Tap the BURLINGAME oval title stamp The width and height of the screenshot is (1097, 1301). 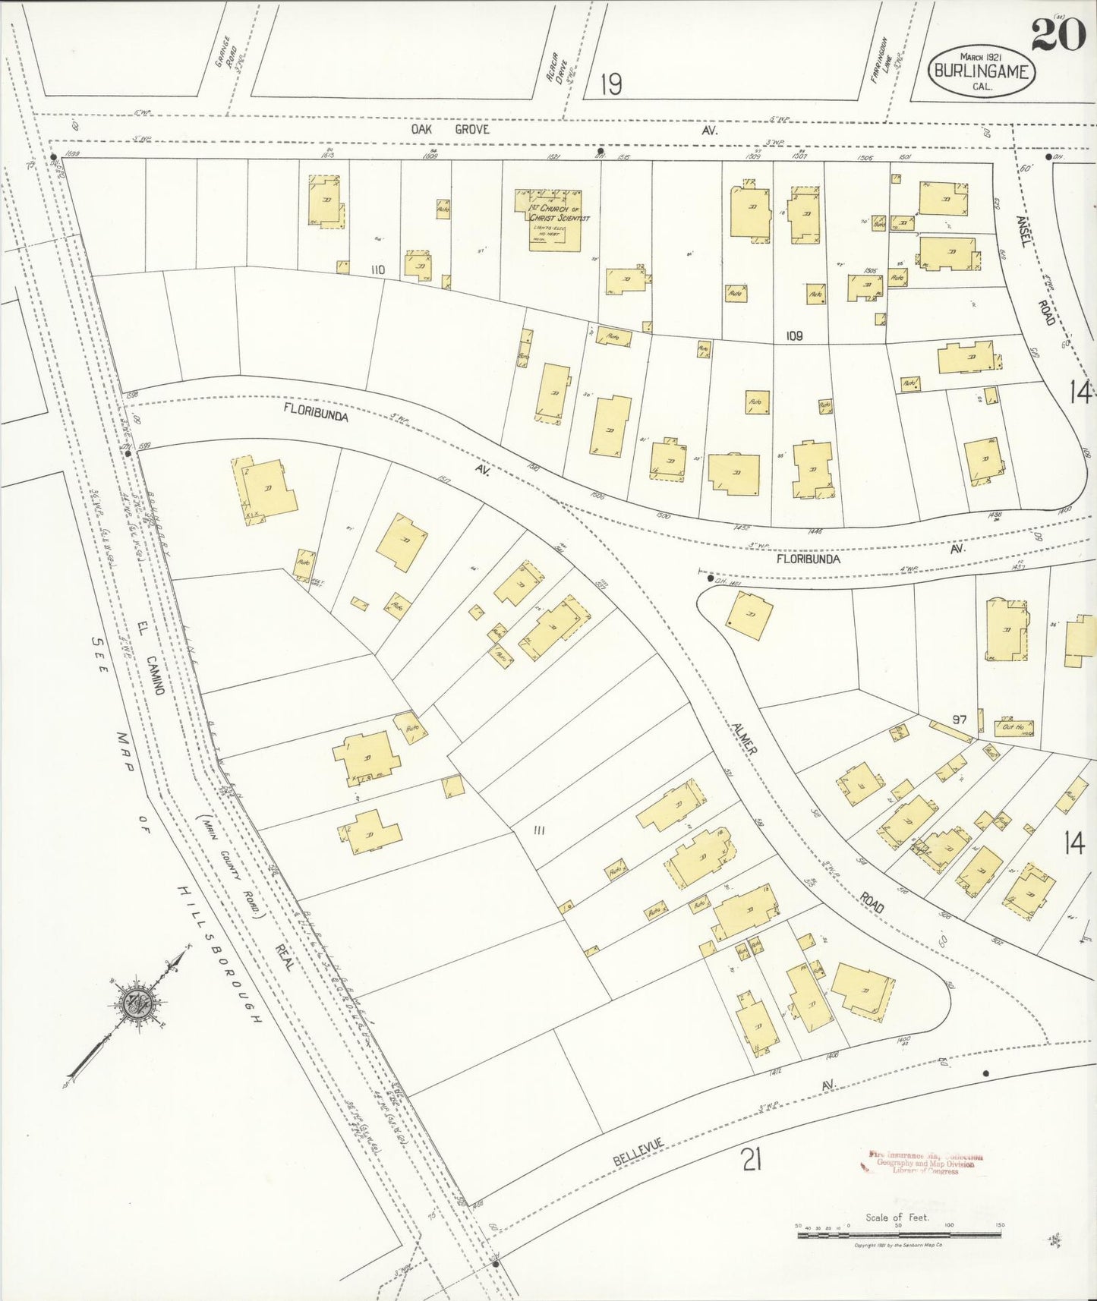(982, 71)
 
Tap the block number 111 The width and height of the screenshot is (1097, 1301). (539, 830)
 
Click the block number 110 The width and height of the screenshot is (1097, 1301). (377, 270)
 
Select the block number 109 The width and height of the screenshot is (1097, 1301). (794, 335)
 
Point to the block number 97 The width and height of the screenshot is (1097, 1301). (960, 719)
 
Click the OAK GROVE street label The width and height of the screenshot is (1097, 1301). (450, 130)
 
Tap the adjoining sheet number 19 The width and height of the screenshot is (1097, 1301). (610, 83)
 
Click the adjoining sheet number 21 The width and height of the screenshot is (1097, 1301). (751, 1160)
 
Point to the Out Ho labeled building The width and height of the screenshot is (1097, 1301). (1013, 727)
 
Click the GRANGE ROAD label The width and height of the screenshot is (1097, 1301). (225, 53)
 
